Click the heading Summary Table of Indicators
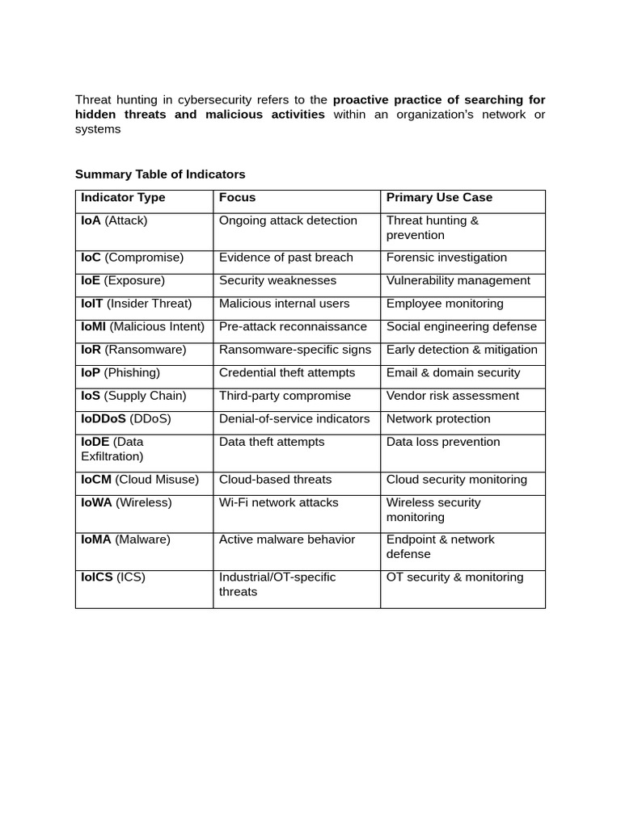tap(160, 174)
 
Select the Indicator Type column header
tap(123, 198)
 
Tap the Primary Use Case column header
tap(439, 198)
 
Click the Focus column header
tap(237, 198)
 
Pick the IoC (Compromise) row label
tap(132, 258)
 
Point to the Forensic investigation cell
tap(446, 258)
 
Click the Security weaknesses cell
tap(272, 281)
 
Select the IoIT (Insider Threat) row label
tap(136, 304)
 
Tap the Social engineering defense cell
tap(461, 327)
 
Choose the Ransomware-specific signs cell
tap(294, 350)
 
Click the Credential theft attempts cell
tap(286, 373)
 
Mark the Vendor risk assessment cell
tap(452, 396)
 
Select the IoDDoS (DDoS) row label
tap(125, 419)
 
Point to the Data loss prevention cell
tap(442, 442)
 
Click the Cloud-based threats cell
tap(275, 480)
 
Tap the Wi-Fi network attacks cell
tap(279, 502)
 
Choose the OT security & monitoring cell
tap(454, 577)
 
